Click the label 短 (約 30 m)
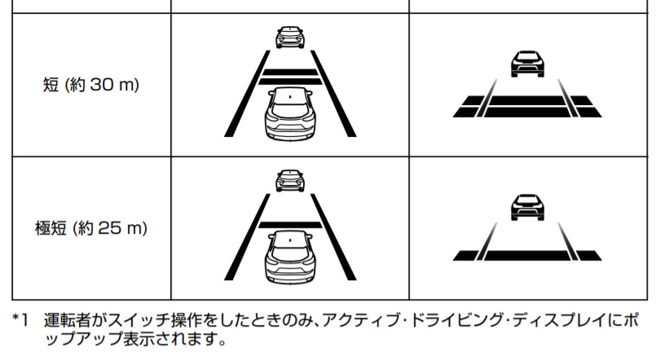[x=90, y=84]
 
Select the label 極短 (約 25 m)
[x=90, y=229]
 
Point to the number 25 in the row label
[x=111, y=229]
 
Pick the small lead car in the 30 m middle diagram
[x=289, y=36]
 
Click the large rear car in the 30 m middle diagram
[x=289, y=114]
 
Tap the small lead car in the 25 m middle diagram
[x=289, y=180]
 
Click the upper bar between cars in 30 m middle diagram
[x=289, y=72]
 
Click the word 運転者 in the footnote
[x=69, y=320]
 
